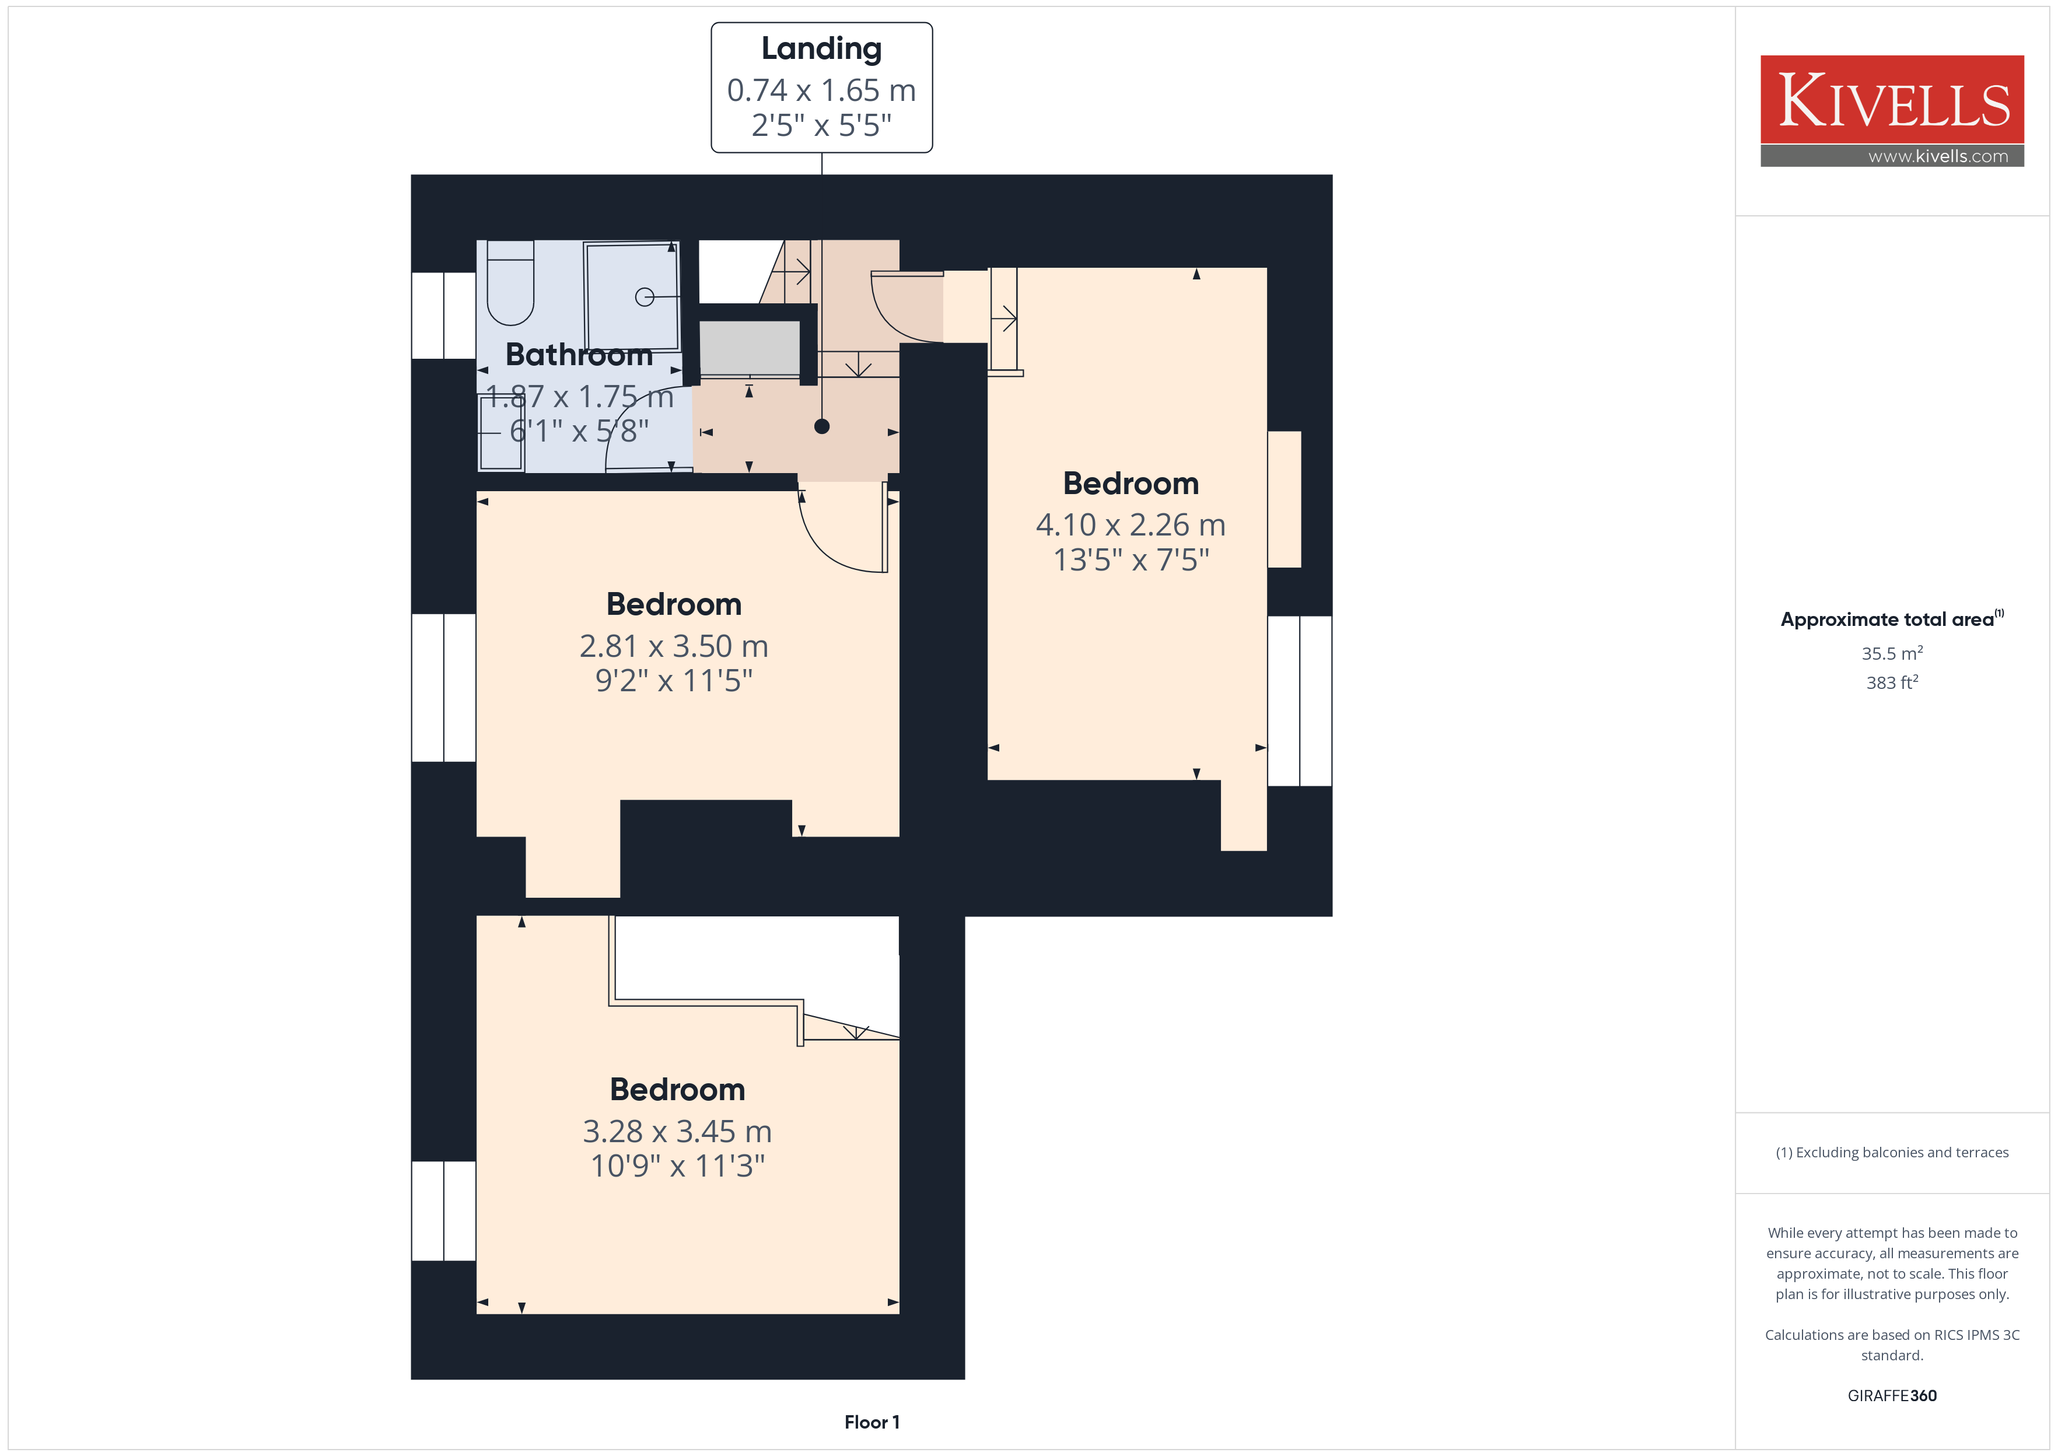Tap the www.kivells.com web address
tap(1938, 156)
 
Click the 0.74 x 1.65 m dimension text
tap(821, 90)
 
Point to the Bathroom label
tap(579, 355)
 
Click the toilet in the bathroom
tap(510, 282)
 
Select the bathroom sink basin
tap(501, 433)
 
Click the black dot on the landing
tap(821, 427)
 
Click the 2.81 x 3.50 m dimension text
tap(673, 646)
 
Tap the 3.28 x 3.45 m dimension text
tap(677, 1132)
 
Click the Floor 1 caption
tap(871, 1422)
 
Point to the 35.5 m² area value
tap(1892, 653)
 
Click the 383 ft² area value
tap(1892, 682)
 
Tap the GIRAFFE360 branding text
tap(1892, 1395)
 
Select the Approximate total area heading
tap(1892, 618)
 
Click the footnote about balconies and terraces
tap(1892, 1152)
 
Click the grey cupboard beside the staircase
tap(750, 349)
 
